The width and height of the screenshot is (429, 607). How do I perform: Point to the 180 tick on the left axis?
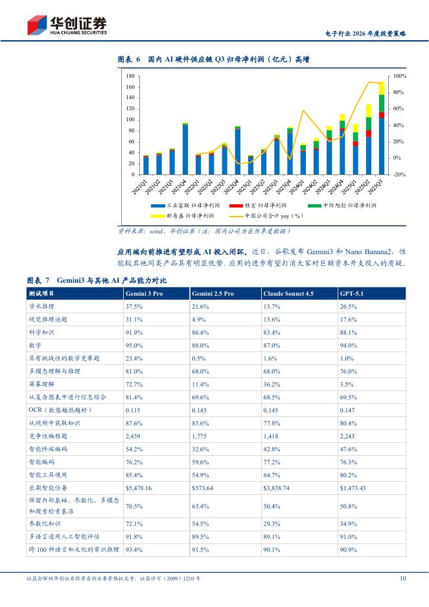point(131,77)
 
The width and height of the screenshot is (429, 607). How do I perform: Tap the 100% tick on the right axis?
point(400,77)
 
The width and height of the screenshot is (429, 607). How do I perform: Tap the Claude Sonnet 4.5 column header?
point(289,294)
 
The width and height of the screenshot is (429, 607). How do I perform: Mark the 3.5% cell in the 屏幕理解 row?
point(347,384)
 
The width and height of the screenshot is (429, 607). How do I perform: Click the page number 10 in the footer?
point(402,578)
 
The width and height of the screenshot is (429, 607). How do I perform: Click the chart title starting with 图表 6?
point(213,60)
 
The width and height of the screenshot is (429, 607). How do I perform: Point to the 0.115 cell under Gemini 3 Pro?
point(133,410)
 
